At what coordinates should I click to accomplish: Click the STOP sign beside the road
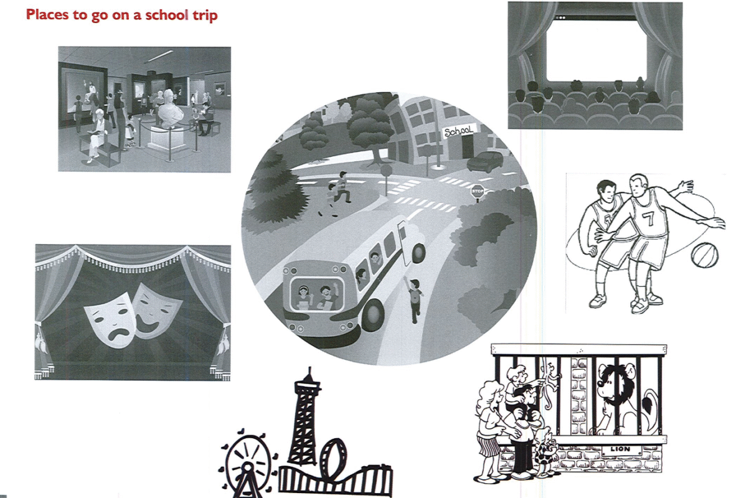click(x=478, y=191)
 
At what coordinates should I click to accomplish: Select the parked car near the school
click(x=485, y=161)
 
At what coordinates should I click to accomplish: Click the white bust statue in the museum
click(x=170, y=109)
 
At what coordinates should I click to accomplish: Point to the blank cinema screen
click(x=596, y=49)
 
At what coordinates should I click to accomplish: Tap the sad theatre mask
click(x=111, y=320)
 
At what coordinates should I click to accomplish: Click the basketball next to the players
click(x=704, y=255)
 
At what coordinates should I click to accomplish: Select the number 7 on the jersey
click(x=648, y=218)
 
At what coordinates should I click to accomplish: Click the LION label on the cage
click(x=620, y=449)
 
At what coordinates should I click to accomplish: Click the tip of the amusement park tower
click(x=309, y=368)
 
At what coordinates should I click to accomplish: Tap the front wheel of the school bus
click(x=373, y=314)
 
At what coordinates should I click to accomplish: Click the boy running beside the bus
click(x=414, y=300)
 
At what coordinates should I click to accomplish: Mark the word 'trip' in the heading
click(x=205, y=16)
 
